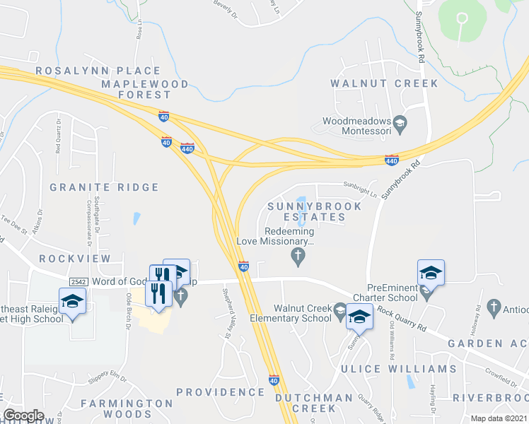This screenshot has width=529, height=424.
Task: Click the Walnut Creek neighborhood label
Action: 384,83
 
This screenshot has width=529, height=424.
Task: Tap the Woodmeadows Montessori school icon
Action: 399,125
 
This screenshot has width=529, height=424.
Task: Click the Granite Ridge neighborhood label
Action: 104,187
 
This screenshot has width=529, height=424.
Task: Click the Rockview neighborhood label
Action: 75,259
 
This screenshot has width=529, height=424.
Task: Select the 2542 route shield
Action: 79,281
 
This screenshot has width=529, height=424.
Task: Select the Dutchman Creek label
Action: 315,403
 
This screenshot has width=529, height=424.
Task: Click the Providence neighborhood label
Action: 220,391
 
